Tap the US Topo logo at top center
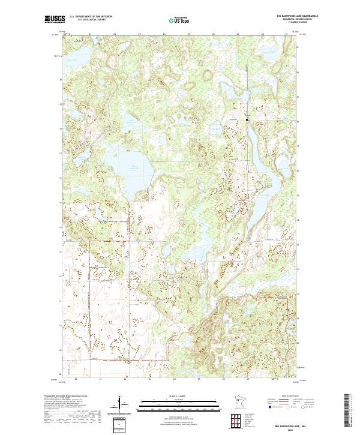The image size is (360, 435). pos(179,20)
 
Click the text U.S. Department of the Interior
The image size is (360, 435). pos(90,17)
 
